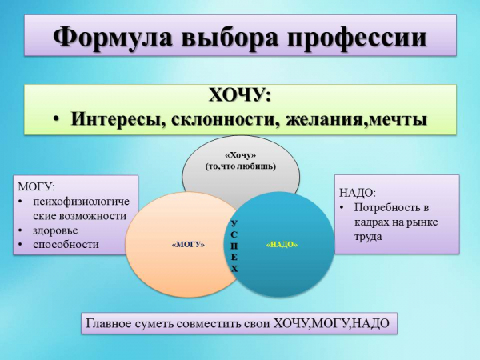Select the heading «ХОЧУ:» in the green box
point(240,95)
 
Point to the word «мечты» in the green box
point(398,119)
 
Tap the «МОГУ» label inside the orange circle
point(189,245)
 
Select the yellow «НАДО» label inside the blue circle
point(282,245)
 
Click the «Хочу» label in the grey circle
point(240,156)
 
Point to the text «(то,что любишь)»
point(241,167)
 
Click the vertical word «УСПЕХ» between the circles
point(234,246)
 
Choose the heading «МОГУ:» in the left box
point(37,186)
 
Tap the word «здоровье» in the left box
point(55,230)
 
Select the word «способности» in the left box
point(66,245)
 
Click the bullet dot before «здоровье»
point(20,230)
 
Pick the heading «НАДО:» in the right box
point(358,193)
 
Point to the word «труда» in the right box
point(368,237)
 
